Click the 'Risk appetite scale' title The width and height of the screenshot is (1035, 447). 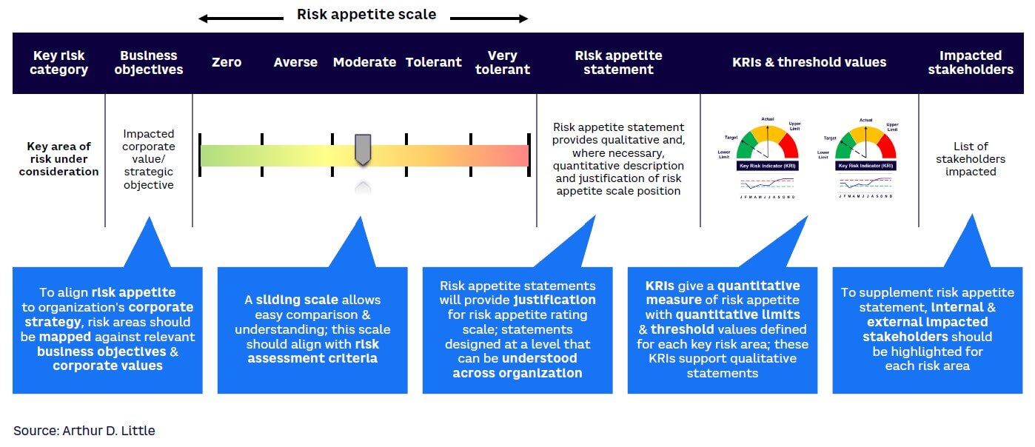pos(366,14)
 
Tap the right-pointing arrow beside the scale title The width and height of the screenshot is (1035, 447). pos(489,18)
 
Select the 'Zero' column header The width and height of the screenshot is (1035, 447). pos(226,62)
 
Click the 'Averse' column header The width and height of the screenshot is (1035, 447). pos(295,62)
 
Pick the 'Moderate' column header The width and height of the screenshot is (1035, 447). pos(364,62)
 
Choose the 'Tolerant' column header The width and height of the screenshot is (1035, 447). pos(433,62)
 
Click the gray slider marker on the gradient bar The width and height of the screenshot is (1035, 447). pos(362,149)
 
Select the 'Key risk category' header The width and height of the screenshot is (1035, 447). pos(60,62)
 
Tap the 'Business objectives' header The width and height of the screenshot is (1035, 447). pos(149,62)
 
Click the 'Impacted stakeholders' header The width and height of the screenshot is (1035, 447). pos(970,62)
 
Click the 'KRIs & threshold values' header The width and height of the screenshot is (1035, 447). pos(808,62)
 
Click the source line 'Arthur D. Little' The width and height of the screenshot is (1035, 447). pos(84,430)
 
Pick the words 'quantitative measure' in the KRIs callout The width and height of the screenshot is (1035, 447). pos(722,292)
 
